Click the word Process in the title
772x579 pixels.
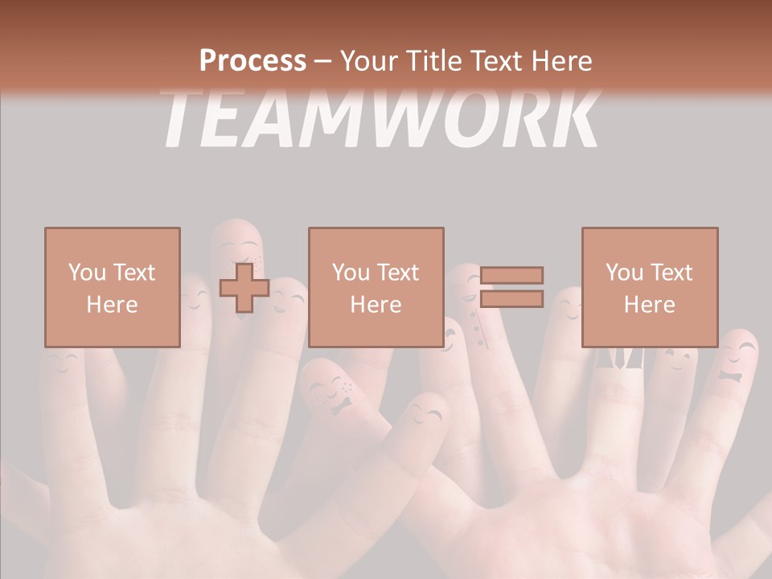pyautogui.click(x=253, y=60)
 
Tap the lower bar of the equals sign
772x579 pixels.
pyautogui.click(x=511, y=298)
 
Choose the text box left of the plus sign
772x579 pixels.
pyautogui.click(x=113, y=287)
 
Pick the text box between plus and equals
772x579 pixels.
pyautogui.click(x=376, y=287)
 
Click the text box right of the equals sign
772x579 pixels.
pyautogui.click(x=650, y=287)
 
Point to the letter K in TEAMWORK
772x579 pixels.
pyautogui.click(x=573, y=121)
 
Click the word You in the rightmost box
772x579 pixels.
pyautogui.click(x=624, y=273)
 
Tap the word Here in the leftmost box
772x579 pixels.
pyautogui.click(x=113, y=305)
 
